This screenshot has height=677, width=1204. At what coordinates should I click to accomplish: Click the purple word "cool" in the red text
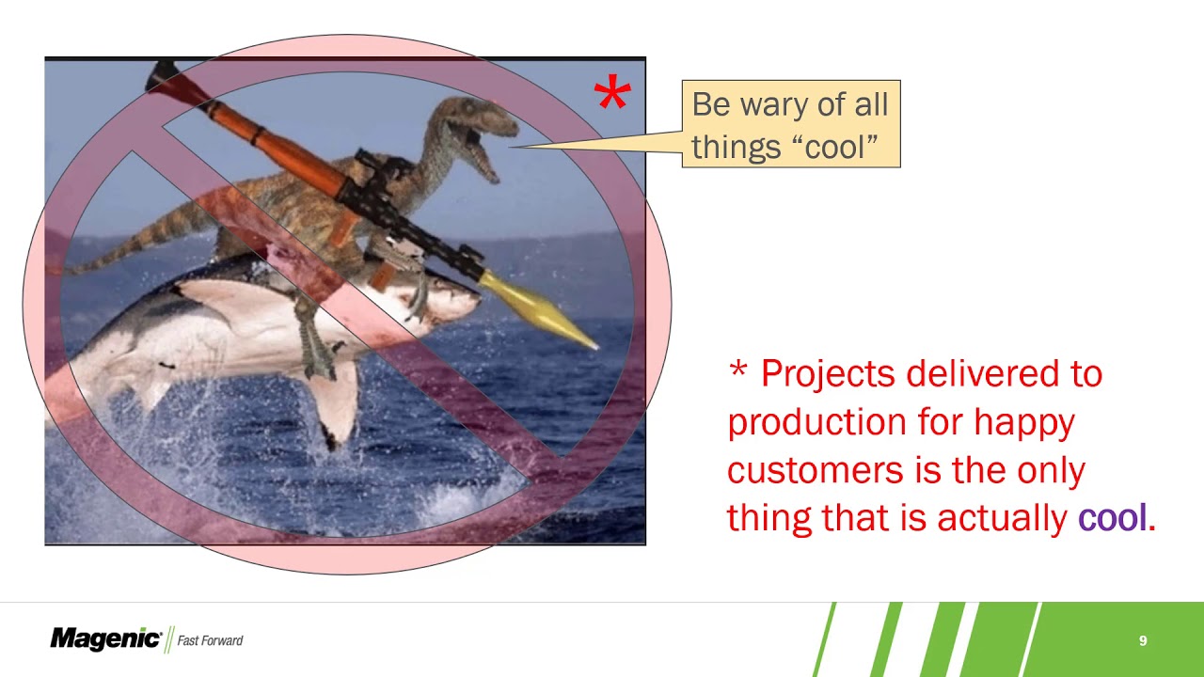click(1112, 517)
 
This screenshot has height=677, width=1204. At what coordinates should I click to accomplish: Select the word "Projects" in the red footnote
click(827, 374)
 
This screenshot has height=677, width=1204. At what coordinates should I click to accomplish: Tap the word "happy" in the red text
click(1023, 422)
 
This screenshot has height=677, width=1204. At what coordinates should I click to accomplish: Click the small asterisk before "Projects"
click(737, 371)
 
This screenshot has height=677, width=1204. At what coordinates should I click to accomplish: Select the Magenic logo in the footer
click(105, 639)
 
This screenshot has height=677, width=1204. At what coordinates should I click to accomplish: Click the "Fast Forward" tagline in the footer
click(210, 640)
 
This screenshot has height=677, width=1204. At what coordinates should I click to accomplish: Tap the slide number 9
click(1143, 640)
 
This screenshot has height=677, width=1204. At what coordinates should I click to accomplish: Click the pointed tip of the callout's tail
click(513, 146)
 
